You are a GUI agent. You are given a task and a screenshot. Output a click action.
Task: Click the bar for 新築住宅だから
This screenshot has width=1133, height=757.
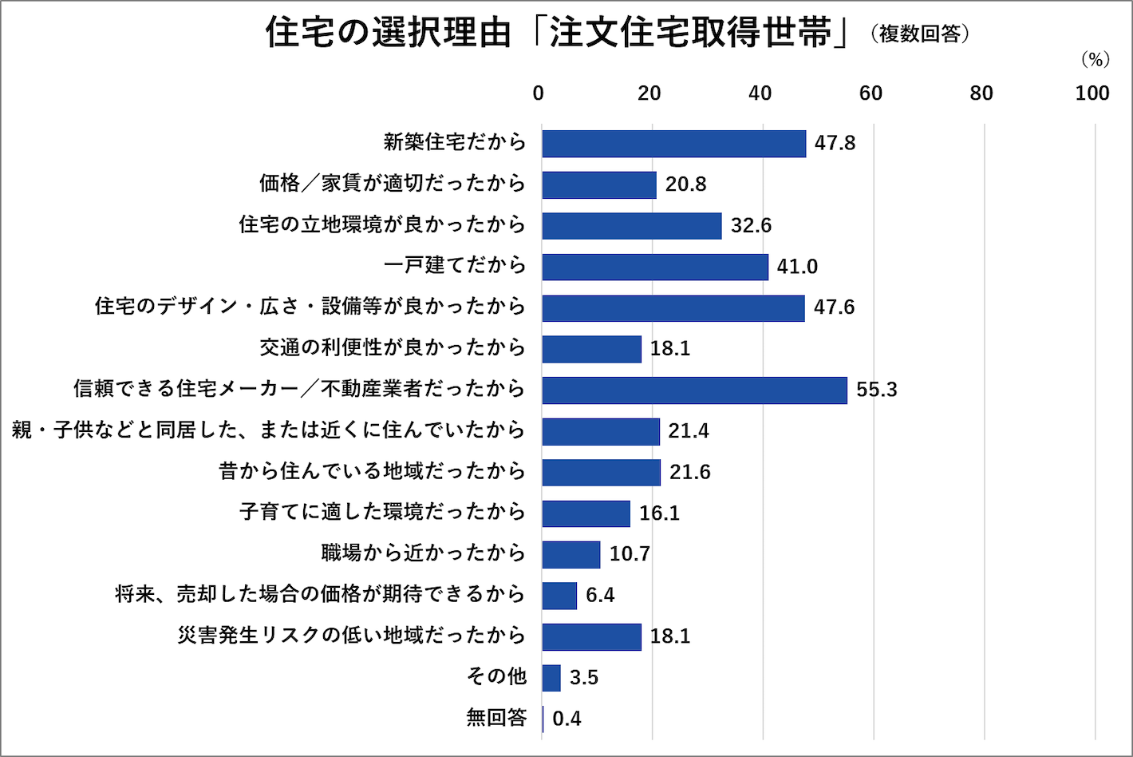(x=673, y=144)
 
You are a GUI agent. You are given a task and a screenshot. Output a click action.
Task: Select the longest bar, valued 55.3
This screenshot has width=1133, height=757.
(x=694, y=390)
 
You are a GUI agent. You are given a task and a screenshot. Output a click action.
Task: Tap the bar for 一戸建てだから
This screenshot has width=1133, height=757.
(x=655, y=267)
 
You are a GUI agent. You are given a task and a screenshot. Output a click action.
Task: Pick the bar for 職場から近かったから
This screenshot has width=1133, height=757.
(x=571, y=554)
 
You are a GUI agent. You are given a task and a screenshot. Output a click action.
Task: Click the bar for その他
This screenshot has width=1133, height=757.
(x=551, y=678)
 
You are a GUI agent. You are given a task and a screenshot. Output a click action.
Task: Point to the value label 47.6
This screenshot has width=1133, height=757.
(x=834, y=307)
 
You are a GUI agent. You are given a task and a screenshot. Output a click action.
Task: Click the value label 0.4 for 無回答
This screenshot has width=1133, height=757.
(x=566, y=719)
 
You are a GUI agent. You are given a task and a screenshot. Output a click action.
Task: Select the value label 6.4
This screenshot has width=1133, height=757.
(x=600, y=596)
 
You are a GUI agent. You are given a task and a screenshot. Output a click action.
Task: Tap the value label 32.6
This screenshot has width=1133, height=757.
(x=751, y=226)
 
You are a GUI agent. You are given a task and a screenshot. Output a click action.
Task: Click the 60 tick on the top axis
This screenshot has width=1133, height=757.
(x=870, y=93)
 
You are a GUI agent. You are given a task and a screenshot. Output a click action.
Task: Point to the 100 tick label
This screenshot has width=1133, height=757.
(x=1092, y=93)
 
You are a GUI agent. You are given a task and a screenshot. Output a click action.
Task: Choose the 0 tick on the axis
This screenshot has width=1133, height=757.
(x=539, y=93)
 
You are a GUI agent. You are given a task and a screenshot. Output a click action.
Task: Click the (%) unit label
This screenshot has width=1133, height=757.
(x=1095, y=60)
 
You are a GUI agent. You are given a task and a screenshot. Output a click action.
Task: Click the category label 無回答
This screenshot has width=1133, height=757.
(x=496, y=718)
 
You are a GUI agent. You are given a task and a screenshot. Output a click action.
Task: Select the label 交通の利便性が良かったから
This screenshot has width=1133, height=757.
(x=393, y=347)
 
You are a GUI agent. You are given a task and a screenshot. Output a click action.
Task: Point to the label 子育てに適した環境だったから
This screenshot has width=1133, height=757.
(x=382, y=512)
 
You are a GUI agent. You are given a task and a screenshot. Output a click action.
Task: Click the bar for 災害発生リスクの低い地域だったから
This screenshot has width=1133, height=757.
(x=591, y=637)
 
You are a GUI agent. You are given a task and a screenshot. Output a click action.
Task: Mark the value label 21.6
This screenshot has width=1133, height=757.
(x=689, y=473)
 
